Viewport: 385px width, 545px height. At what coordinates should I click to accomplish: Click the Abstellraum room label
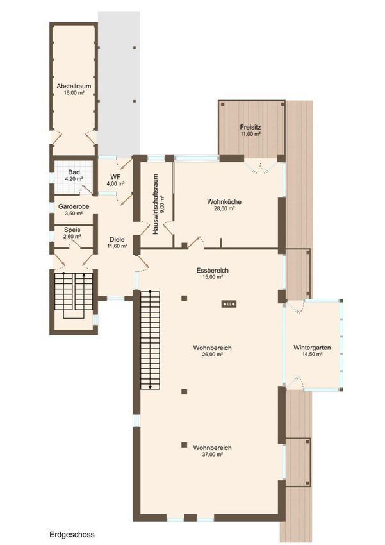pos(74,86)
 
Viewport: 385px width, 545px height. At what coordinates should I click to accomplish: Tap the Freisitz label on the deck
pos(250,127)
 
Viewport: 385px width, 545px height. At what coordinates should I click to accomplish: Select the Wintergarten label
pos(312,348)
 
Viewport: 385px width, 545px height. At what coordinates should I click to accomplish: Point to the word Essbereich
pos(212,271)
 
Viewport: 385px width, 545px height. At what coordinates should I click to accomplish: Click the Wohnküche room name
pos(224,201)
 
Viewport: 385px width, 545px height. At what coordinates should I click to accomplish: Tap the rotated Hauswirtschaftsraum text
pos(156,204)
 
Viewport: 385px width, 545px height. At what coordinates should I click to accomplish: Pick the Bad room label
pos(74,172)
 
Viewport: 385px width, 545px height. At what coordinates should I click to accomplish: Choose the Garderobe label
pos(74,206)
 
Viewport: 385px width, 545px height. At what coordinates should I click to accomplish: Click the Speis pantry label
pos(72,230)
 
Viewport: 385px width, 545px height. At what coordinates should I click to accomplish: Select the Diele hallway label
pos(117,240)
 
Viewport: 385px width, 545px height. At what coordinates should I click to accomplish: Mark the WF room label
pos(115,177)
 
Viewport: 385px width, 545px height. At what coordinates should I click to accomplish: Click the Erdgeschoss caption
pos(72,534)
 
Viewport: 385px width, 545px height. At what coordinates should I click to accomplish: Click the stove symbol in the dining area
pos(229,304)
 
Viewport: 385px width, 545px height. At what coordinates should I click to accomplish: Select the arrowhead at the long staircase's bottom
pos(150,387)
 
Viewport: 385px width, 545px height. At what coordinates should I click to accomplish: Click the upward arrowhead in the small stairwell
pos(84,275)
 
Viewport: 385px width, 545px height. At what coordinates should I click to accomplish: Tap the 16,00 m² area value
pos(74,93)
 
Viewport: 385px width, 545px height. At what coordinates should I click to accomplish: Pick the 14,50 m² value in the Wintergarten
pos(312,354)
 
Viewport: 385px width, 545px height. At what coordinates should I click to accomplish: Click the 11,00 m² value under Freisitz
pos(250,134)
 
